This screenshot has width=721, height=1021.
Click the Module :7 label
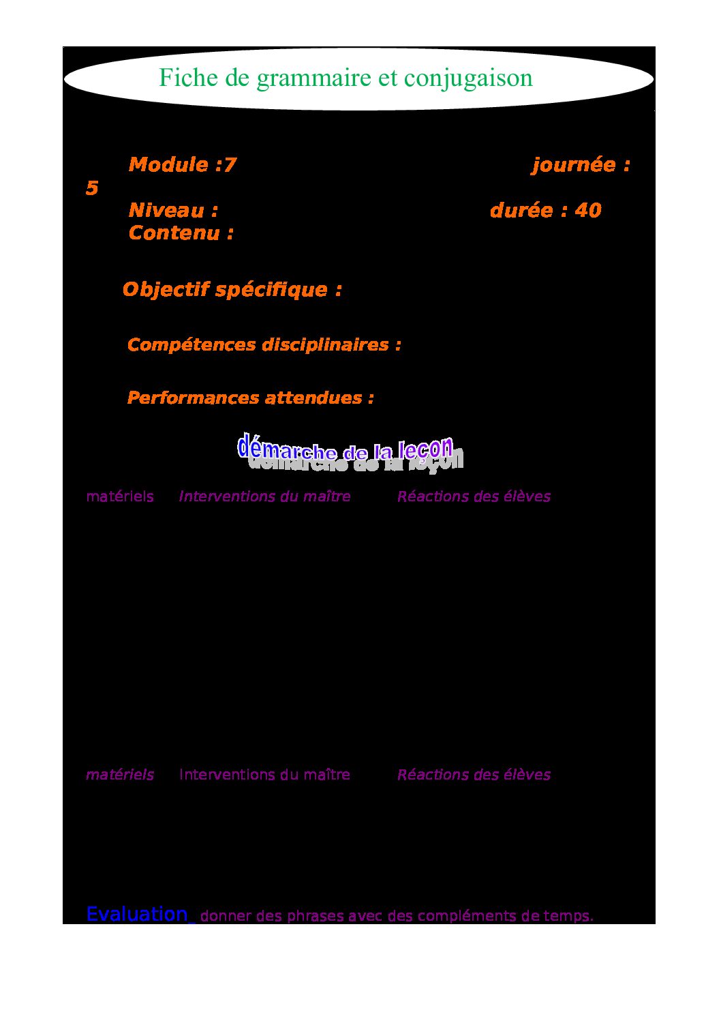182,164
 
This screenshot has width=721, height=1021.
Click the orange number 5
92,188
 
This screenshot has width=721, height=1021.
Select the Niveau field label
173,210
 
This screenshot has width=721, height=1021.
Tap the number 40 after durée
587,210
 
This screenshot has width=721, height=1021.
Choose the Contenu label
181,233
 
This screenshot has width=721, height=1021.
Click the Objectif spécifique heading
232,289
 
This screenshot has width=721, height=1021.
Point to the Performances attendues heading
250,398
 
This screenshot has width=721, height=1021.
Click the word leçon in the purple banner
425,449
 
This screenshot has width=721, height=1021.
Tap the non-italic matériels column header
119,497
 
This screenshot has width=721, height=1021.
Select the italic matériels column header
119,775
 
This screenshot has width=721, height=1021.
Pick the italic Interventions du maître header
264,497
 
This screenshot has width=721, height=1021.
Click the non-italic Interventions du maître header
264,775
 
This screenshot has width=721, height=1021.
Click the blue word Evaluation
137,914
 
